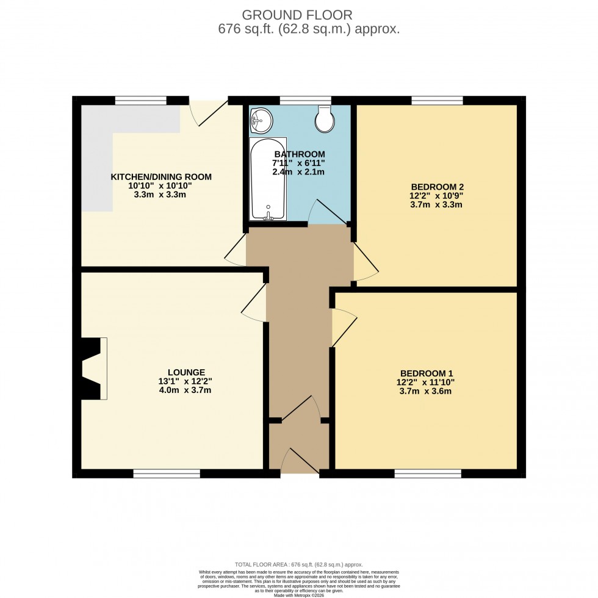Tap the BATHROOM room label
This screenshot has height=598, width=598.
pyautogui.click(x=299, y=154)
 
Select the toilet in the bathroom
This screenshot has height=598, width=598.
pyautogui.click(x=325, y=120)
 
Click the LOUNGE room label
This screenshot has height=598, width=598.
pyautogui.click(x=186, y=372)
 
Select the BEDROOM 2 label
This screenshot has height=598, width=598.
pyautogui.click(x=436, y=187)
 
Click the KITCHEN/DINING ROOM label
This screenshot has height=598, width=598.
pyautogui.click(x=160, y=177)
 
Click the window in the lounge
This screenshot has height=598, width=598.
pyautogui.click(x=167, y=474)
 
